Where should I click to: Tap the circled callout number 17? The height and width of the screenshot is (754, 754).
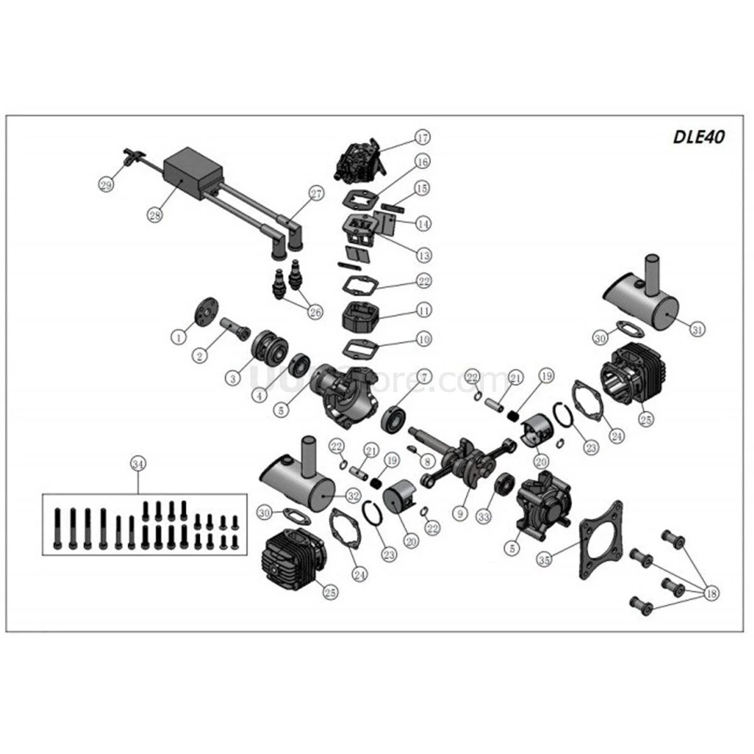click(x=421, y=138)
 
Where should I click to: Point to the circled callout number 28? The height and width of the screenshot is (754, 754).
click(x=155, y=214)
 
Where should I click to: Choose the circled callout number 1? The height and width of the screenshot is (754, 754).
click(x=180, y=337)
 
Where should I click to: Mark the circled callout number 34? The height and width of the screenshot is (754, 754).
click(x=138, y=464)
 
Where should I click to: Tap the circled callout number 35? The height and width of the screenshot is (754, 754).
click(x=546, y=557)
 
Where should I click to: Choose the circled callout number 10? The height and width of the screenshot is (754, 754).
click(x=425, y=339)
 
